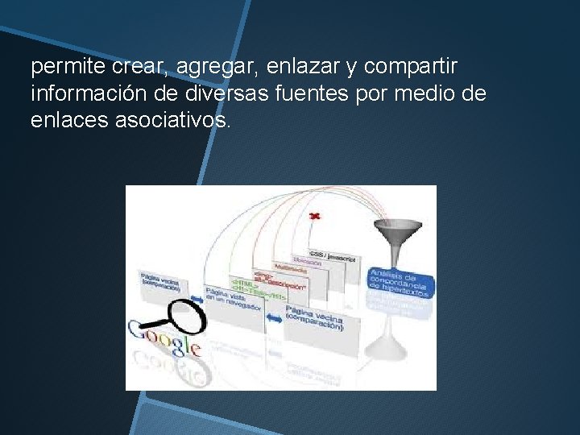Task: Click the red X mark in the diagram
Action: click(315, 215)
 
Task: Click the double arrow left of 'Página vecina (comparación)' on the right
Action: click(275, 320)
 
